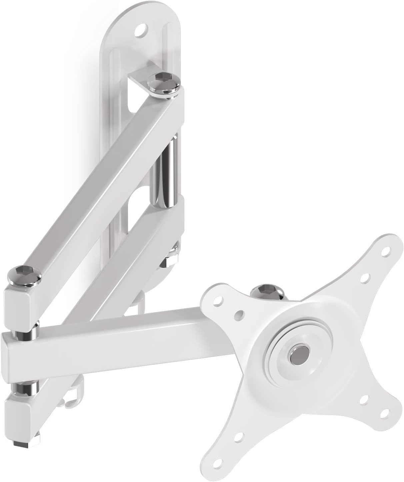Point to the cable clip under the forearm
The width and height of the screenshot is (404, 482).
(72, 400)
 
